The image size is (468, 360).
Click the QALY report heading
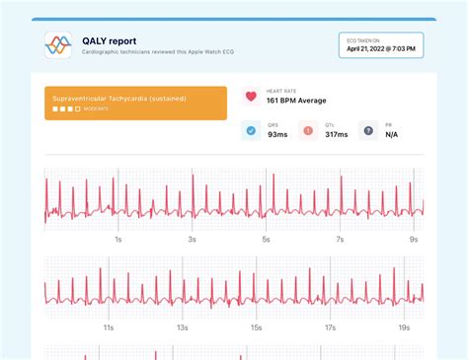tap(109, 40)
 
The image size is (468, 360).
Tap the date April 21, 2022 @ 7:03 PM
tap(380, 47)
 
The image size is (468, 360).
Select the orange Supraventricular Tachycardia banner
tap(135, 103)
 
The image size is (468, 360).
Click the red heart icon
tap(251, 97)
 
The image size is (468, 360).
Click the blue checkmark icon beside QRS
tap(251, 130)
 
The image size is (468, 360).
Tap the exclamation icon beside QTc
tap(309, 130)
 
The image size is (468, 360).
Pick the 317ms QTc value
tap(337, 134)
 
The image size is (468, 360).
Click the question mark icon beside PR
tap(367, 130)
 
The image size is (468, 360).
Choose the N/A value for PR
tap(392, 134)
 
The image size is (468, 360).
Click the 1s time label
tap(118, 240)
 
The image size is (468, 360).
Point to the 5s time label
tap(266, 240)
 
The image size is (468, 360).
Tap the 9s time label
tap(414, 240)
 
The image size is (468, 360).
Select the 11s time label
tap(109, 326)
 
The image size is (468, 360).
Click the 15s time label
tap(256, 326)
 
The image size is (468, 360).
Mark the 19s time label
tap(404, 326)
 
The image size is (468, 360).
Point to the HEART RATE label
tap(285, 91)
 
